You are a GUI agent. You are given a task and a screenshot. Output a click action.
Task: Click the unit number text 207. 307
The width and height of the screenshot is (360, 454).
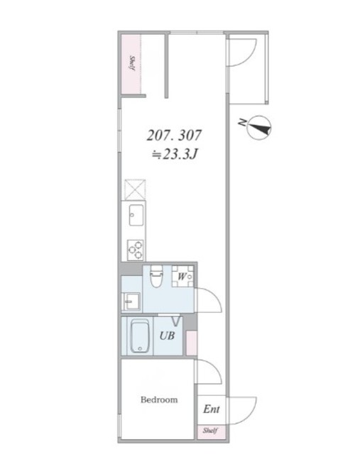(x=174, y=135)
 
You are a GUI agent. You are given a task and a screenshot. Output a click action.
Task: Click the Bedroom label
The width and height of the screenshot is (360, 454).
(x=159, y=400)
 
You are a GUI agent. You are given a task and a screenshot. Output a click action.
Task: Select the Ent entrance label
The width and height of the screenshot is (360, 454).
(x=212, y=409)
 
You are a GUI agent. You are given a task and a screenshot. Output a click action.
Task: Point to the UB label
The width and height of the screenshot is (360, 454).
(x=168, y=336)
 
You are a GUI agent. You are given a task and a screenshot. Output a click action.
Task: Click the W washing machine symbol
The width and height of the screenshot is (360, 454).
(x=182, y=276)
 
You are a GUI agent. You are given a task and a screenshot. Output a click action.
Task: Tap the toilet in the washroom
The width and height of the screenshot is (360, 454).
(x=157, y=276)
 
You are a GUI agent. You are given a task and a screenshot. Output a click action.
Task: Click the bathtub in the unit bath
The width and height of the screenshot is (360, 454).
(x=140, y=336)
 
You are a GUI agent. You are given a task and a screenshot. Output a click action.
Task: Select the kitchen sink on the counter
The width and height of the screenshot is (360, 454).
(x=136, y=215)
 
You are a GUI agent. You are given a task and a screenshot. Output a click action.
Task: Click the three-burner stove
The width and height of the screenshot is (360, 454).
(x=136, y=250)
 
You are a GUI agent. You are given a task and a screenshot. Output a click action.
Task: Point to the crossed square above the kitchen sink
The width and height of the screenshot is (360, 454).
(x=135, y=189)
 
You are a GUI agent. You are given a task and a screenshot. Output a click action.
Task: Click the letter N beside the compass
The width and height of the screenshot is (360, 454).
(x=242, y=122)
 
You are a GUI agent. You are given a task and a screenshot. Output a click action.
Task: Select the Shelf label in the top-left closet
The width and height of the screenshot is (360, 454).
(x=132, y=63)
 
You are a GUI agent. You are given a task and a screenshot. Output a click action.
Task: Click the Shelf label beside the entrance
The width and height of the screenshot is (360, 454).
(x=210, y=431)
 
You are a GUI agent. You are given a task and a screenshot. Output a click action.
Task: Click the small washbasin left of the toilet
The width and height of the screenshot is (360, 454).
(x=131, y=301)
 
